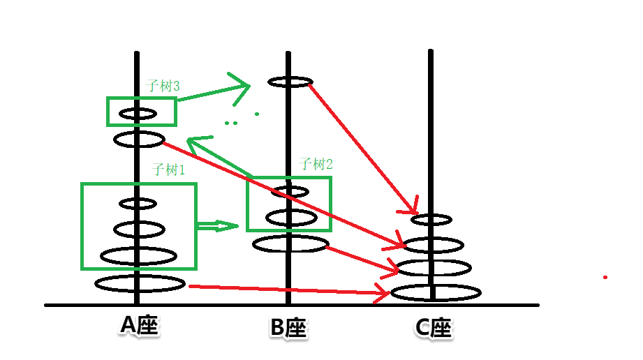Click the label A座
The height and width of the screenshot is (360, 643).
pyautogui.click(x=140, y=325)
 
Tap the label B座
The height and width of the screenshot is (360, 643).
pyautogui.click(x=288, y=327)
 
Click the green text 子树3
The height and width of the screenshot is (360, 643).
pyautogui.click(x=163, y=87)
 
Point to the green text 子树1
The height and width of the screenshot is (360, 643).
pyautogui.click(x=168, y=170)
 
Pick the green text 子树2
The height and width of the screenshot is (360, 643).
pyautogui.click(x=316, y=165)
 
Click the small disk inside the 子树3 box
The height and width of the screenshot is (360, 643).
pyautogui.click(x=138, y=113)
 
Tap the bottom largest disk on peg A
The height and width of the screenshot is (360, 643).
pyautogui.click(x=140, y=283)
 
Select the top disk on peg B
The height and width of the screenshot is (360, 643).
pyautogui.click(x=290, y=82)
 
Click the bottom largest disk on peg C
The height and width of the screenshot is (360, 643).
pyautogui.click(x=436, y=293)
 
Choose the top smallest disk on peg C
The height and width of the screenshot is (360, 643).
pyautogui.click(x=431, y=220)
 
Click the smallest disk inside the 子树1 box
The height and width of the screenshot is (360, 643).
pyautogui.click(x=138, y=204)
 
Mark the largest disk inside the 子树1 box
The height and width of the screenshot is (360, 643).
pyautogui.click(x=138, y=256)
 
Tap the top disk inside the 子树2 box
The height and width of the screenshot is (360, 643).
pyautogui.click(x=290, y=191)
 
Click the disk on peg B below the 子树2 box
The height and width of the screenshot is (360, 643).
pyautogui.click(x=290, y=243)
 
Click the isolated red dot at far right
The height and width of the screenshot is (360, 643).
pyautogui.click(x=605, y=278)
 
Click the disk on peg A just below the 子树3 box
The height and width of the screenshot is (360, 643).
pyautogui.click(x=139, y=140)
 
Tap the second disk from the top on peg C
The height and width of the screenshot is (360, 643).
pyautogui.click(x=434, y=245)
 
